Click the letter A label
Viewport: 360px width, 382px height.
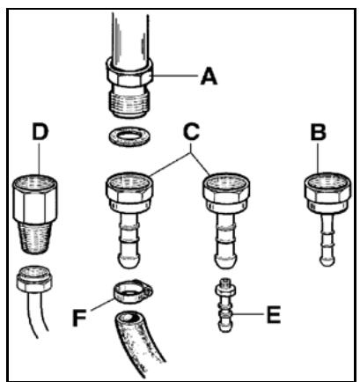click(x=209, y=77)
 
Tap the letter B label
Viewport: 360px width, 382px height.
click(x=319, y=132)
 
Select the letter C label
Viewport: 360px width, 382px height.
click(x=191, y=132)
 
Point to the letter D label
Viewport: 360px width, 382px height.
click(x=40, y=132)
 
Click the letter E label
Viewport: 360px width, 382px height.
click(x=274, y=315)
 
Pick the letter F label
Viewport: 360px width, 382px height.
click(x=79, y=318)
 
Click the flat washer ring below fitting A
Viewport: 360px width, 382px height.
click(x=129, y=136)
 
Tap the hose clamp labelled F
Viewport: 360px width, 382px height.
click(x=133, y=292)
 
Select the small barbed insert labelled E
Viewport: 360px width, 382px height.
click(x=225, y=305)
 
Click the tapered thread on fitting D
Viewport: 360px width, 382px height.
click(x=34, y=237)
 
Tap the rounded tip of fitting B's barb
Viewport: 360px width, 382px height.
click(x=327, y=261)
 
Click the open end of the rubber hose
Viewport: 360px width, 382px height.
click(x=129, y=320)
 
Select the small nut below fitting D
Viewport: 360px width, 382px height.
click(x=34, y=279)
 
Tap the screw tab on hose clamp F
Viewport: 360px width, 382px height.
click(x=147, y=289)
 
